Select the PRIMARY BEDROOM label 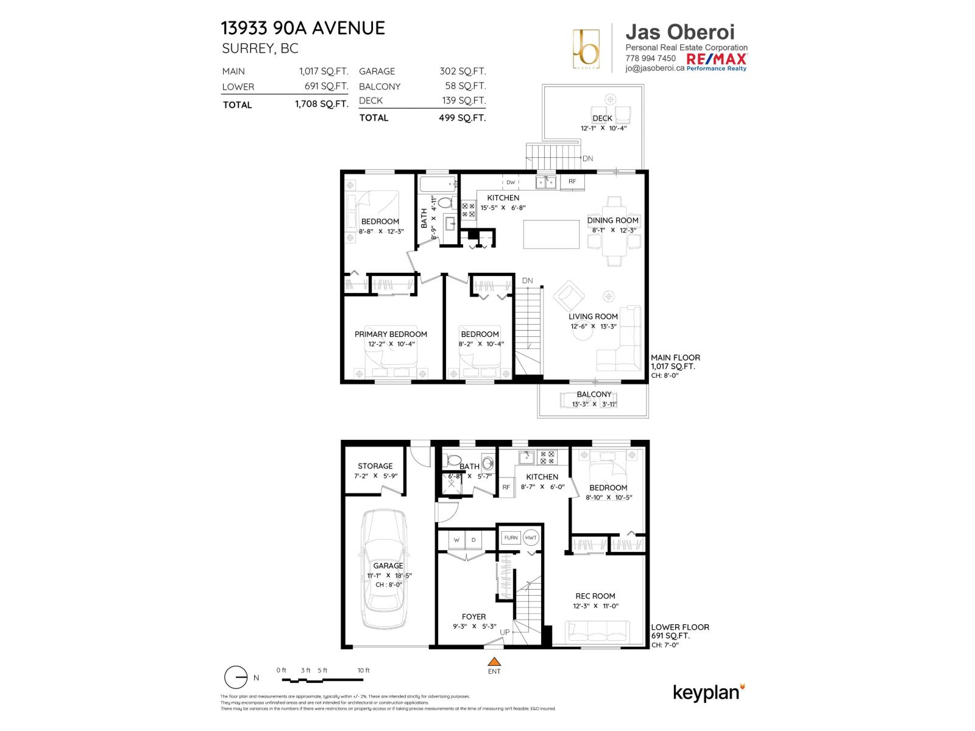[391, 334]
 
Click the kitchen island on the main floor [551, 235]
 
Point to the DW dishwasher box [511, 182]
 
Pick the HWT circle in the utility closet [531, 537]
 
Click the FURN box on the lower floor [511, 537]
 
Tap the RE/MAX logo [716, 60]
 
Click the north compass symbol [235, 677]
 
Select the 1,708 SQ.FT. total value [321, 104]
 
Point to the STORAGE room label [375, 466]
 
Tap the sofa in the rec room [597, 632]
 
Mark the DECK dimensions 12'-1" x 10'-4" [603, 129]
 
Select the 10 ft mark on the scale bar [364, 670]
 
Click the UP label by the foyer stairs [505, 632]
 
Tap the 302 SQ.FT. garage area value [463, 71]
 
